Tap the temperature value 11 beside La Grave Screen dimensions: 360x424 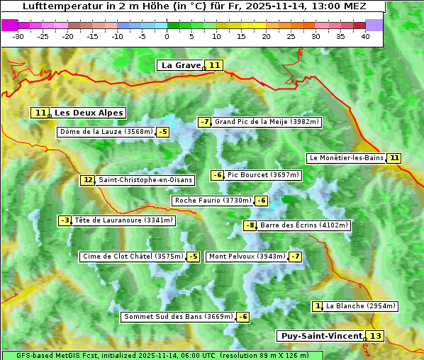click(x=215, y=65)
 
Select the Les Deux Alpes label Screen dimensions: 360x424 click(x=89, y=113)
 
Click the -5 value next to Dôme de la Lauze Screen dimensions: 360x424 click(x=163, y=132)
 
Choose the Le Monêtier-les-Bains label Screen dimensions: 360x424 click(x=346, y=158)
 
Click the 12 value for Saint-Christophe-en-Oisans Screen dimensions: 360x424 click(x=87, y=180)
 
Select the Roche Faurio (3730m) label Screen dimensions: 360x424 click(x=213, y=201)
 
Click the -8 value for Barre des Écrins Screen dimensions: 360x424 click(x=250, y=225)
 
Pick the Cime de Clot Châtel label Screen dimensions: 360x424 click(x=133, y=257)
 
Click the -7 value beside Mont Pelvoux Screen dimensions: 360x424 click(x=295, y=257)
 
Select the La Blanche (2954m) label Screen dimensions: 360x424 click(x=360, y=306)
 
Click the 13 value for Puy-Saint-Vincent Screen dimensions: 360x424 click(x=375, y=336)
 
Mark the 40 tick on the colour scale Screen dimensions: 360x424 click(x=365, y=36)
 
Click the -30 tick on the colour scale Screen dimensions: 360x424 click(x=18, y=36)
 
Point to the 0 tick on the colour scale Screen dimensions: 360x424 click(x=167, y=36)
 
